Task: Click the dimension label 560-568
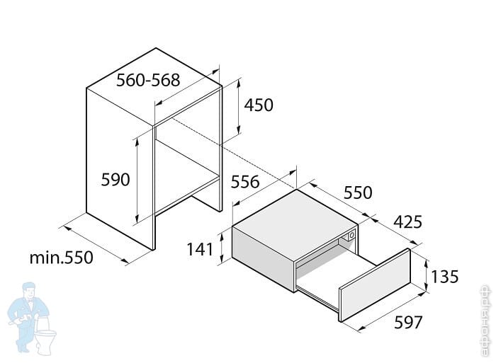coord(147,80)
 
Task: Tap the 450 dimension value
coord(259,105)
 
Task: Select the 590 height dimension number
coord(115,180)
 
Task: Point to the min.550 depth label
coord(61,258)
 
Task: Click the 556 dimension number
coord(245,182)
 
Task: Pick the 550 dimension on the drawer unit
coord(358,192)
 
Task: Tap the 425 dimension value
coord(407,222)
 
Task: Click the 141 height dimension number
coord(201,249)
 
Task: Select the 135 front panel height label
coord(445,277)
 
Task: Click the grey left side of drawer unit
coord(263,255)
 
